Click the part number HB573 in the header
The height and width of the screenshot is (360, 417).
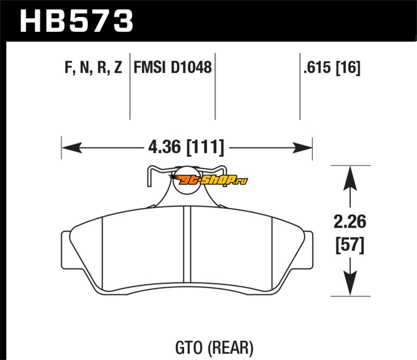76,21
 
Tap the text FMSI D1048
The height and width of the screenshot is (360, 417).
173,68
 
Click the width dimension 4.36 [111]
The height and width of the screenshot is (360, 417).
186,147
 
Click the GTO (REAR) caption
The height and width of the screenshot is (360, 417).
215,346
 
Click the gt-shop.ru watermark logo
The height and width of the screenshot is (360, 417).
208,180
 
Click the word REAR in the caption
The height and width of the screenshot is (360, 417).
234,346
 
